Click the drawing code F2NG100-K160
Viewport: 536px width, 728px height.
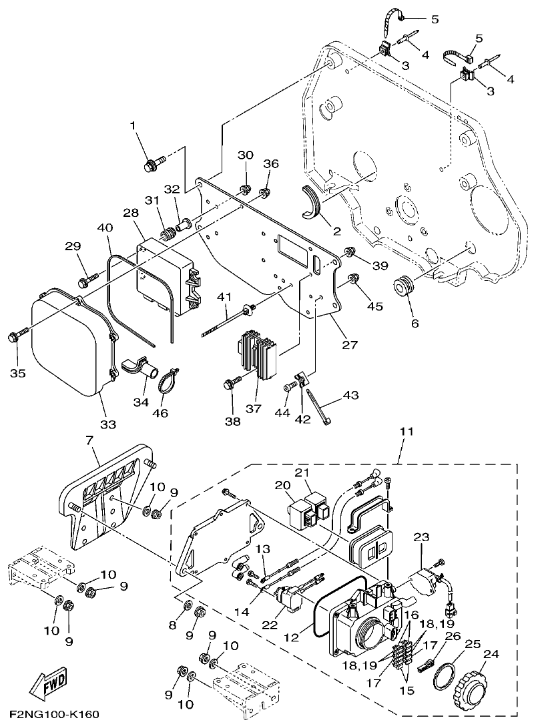(x=55, y=715)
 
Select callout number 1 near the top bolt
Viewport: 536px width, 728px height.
(x=132, y=125)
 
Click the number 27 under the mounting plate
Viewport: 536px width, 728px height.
(x=350, y=345)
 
